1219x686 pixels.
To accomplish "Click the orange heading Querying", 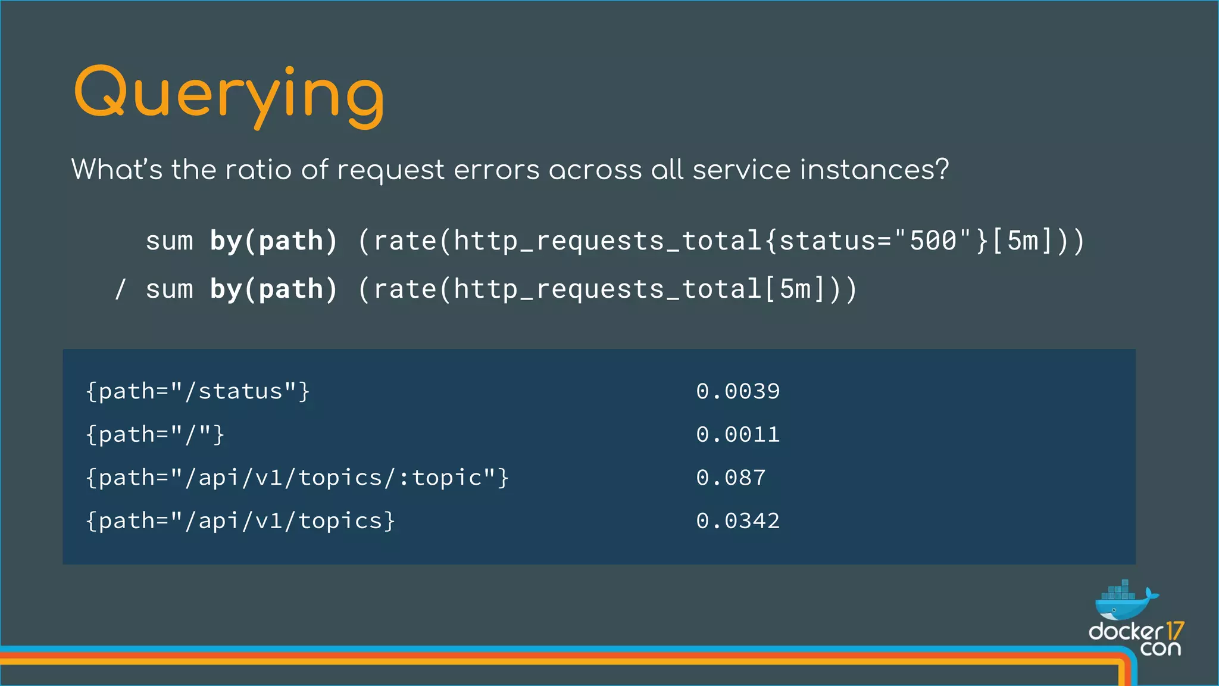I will (x=229, y=95).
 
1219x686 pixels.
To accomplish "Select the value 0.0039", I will (x=737, y=391).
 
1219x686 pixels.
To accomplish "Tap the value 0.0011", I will (x=737, y=435).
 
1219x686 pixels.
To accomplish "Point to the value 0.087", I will (x=730, y=478).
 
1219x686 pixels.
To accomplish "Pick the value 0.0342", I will (x=737, y=521).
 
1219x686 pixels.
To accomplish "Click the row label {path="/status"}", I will (x=198, y=391).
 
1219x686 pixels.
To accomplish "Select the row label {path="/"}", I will (x=155, y=435).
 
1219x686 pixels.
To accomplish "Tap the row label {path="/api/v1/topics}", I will (x=240, y=521).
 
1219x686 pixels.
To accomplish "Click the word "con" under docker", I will (x=1160, y=648).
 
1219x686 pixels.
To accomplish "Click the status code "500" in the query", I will (x=933, y=241).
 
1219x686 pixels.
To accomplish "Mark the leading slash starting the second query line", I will (x=120, y=290).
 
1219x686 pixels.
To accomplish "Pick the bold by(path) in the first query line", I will (x=274, y=241).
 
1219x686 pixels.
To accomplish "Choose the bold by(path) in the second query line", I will (x=274, y=290).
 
